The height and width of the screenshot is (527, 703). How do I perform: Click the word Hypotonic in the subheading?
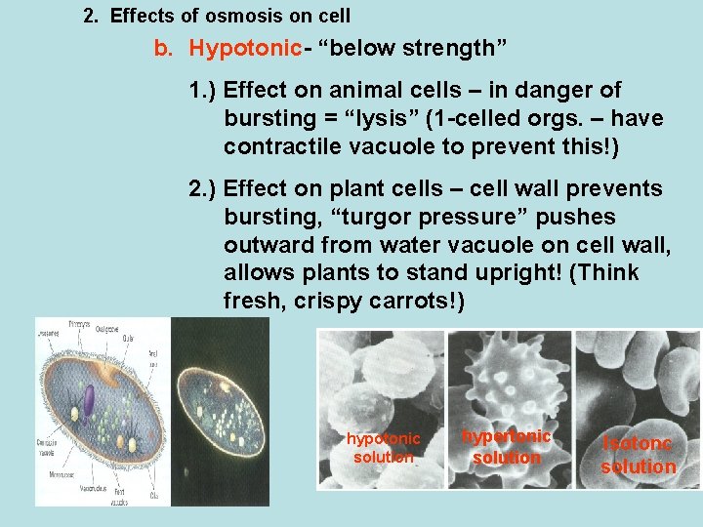point(233,48)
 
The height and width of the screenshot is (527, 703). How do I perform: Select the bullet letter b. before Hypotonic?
point(165,48)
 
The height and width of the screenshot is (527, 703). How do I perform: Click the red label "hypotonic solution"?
point(384,448)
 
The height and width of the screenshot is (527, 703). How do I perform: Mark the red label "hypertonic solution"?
point(506,446)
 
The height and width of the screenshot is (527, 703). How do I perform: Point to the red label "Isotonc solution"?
point(638,455)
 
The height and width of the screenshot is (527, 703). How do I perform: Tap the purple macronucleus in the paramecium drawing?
point(88,401)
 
